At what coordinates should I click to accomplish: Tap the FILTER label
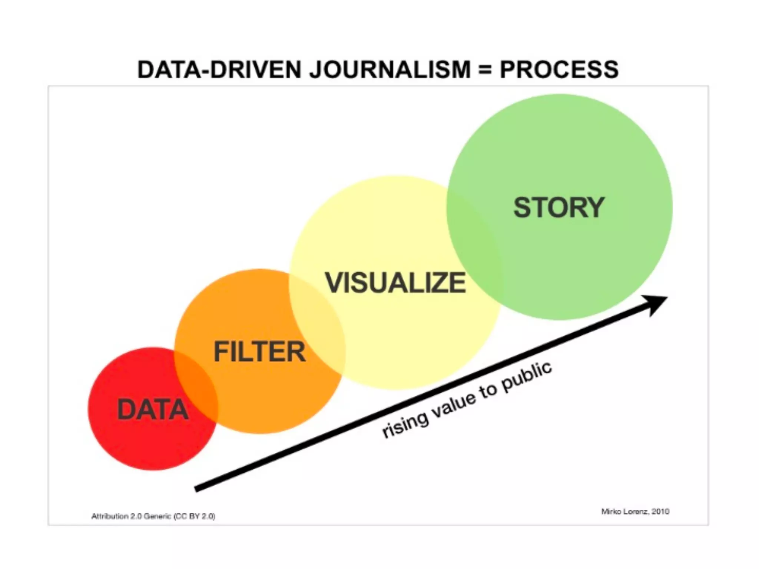coord(260,352)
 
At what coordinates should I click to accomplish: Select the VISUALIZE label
coord(395,283)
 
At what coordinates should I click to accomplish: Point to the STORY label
coord(559,207)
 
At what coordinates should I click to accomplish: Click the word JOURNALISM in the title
coord(390,70)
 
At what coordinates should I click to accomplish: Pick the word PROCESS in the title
coord(559,70)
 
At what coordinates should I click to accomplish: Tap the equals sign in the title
coord(485,70)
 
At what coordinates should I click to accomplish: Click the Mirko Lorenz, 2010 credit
coord(635,512)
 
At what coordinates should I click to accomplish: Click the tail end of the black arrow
coord(198,489)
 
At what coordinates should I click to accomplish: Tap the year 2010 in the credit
coord(660,512)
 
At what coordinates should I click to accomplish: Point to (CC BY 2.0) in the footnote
coord(195,516)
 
